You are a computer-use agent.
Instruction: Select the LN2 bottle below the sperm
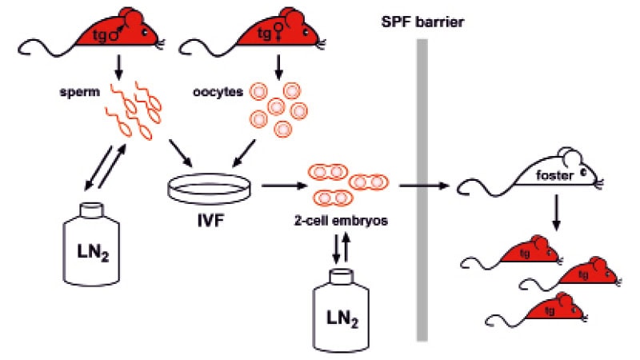click(x=93, y=244)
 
